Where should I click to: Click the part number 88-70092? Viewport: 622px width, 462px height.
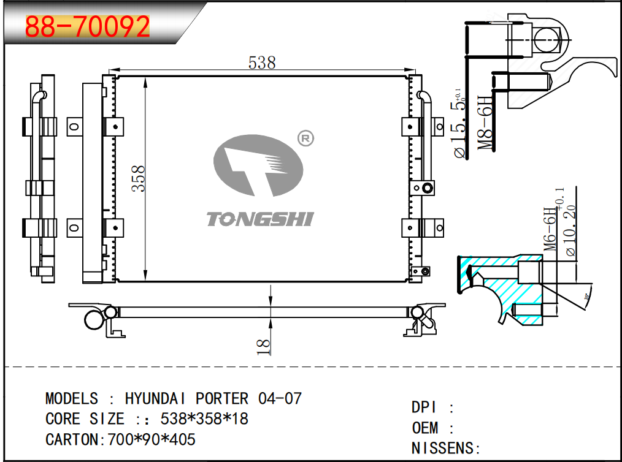coord(87,26)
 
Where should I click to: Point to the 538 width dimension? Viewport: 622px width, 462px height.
coord(262,62)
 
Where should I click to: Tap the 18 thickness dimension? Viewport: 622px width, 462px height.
coord(263,345)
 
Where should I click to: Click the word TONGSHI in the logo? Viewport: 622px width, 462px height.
coord(259,219)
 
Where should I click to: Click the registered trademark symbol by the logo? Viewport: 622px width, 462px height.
coord(305,138)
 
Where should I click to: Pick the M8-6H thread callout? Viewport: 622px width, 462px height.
coord(486,123)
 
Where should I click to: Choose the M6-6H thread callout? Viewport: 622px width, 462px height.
coord(551,228)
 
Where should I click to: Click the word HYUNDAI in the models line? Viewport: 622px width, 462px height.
coord(158,398)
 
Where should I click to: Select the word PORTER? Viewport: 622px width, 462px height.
coord(222,398)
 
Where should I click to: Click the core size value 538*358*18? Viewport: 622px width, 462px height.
coord(204,419)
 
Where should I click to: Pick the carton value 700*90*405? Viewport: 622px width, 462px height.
coord(152,439)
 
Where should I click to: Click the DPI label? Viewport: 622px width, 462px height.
coord(425,407)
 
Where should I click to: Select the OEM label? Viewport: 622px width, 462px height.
coord(425,428)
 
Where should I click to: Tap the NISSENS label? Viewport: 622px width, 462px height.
coord(442,448)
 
